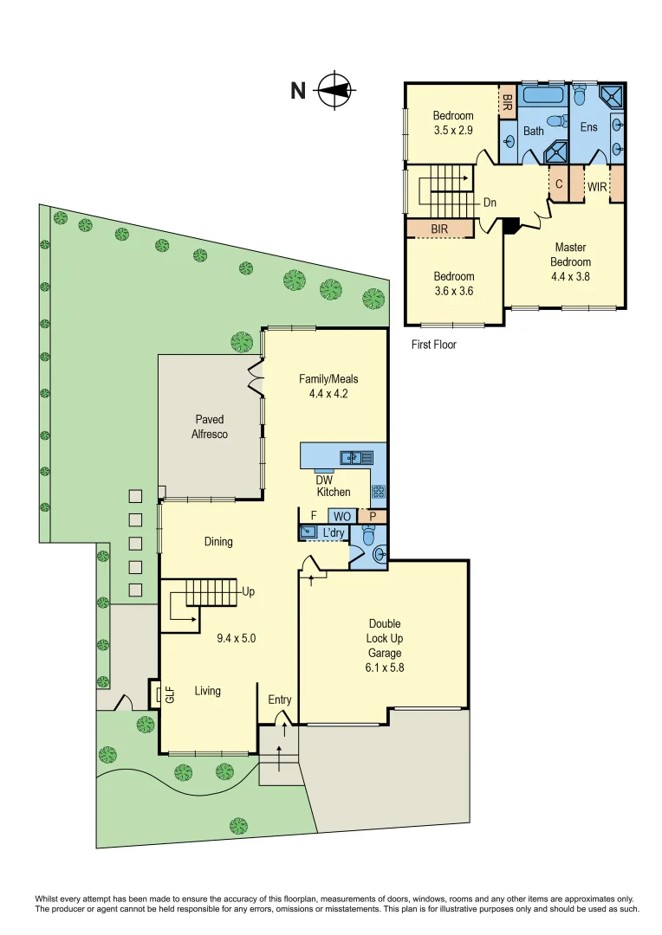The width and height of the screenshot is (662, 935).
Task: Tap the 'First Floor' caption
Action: (x=433, y=345)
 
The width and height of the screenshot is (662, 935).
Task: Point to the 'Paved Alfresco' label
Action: (x=210, y=427)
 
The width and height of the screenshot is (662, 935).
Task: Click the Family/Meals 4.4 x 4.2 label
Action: (x=328, y=385)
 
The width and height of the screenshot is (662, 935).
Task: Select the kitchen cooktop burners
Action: (x=379, y=492)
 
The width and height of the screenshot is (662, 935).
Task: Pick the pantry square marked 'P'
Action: (x=373, y=516)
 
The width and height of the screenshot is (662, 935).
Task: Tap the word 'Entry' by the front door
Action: (x=280, y=700)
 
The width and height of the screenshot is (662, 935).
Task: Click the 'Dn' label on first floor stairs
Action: (x=490, y=203)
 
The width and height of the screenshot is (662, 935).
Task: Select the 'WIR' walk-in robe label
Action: (x=596, y=186)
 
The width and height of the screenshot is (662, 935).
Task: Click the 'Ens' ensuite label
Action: (x=589, y=127)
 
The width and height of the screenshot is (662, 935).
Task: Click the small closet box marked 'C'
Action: (x=559, y=184)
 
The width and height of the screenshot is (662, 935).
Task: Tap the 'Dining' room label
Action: (x=218, y=542)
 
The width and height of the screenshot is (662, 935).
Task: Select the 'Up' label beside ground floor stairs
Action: (x=248, y=592)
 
